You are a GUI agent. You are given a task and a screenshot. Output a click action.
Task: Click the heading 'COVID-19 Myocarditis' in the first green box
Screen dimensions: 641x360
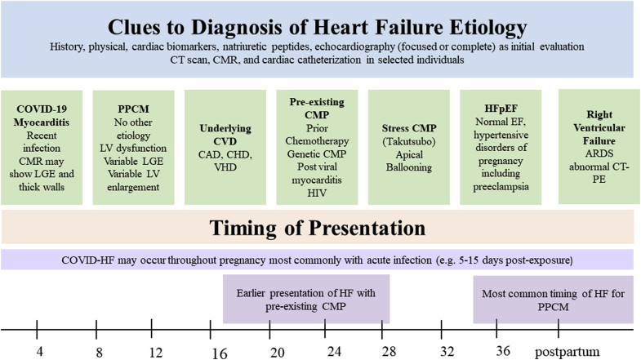pyautogui.click(x=42, y=116)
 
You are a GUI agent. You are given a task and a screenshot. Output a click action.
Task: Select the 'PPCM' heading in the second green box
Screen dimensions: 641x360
pyautogui.click(x=133, y=109)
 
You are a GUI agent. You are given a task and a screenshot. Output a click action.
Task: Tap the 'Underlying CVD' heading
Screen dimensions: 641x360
pyautogui.click(x=225, y=135)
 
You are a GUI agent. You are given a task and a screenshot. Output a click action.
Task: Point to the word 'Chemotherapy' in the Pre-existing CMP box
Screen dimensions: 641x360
pyautogui.click(x=317, y=141)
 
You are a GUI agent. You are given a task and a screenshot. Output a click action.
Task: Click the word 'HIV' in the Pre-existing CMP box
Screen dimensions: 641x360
pyautogui.click(x=317, y=193)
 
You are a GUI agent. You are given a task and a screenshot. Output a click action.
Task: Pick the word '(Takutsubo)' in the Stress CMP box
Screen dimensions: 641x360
pyautogui.click(x=409, y=142)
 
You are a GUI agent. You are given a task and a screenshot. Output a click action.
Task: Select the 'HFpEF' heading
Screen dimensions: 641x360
pyautogui.click(x=501, y=109)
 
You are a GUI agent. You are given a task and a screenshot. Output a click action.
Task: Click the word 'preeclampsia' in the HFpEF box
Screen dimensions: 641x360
pyautogui.click(x=501, y=187)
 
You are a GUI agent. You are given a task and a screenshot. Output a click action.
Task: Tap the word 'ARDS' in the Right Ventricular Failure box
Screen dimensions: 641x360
pyautogui.click(x=599, y=153)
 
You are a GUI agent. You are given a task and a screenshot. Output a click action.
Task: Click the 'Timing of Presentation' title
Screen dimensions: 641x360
pyautogui.click(x=317, y=228)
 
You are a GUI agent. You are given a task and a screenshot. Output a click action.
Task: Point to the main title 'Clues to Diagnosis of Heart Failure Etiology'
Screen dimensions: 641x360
pyautogui.click(x=317, y=27)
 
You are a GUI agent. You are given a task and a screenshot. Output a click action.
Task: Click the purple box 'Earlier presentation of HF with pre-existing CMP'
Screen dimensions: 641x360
pyautogui.click(x=306, y=299)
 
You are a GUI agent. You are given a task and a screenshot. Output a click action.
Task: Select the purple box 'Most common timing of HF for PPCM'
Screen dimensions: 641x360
pyautogui.click(x=553, y=300)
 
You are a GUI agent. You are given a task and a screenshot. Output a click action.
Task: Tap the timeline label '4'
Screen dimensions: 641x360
pyautogui.click(x=39, y=351)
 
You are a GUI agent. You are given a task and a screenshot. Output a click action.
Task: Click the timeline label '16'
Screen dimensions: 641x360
pyautogui.click(x=220, y=353)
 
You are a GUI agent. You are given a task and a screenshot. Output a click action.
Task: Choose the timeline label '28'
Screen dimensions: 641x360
pyautogui.click(x=389, y=351)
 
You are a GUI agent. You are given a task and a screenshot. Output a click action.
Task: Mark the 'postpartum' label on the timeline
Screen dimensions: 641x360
pyautogui.click(x=567, y=352)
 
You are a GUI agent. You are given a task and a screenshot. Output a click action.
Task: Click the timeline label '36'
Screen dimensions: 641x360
pyautogui.click(x=503, y=350)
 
